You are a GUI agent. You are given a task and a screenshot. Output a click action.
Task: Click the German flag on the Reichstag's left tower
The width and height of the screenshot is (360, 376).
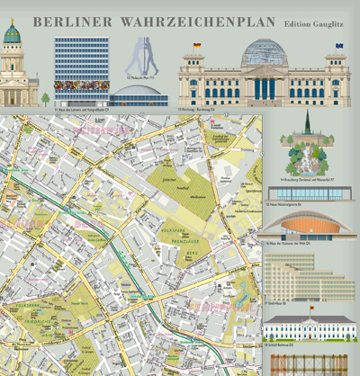point(196,46)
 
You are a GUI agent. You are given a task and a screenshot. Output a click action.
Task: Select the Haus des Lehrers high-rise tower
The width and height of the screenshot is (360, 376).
point(80,63)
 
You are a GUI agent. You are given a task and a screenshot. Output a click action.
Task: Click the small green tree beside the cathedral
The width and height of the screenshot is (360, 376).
point(45,97)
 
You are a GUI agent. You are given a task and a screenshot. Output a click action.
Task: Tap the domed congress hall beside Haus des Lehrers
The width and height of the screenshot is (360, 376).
point(138,94)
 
